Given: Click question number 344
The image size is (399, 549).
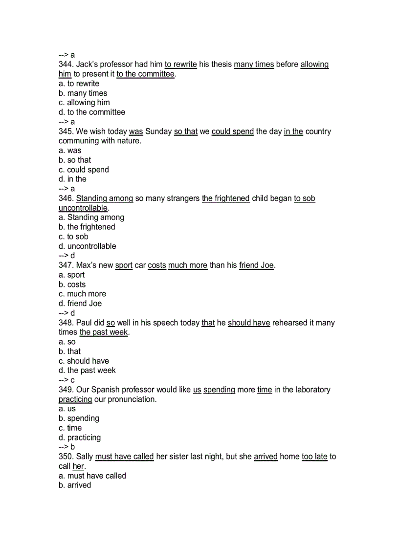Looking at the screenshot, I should [66, 65].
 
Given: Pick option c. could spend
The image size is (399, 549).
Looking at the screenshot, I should [84, 170].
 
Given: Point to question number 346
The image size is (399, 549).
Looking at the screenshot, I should [66, 198].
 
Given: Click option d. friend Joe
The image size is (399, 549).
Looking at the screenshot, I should [80, 304].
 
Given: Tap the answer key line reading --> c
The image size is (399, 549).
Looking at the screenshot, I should [66, 380].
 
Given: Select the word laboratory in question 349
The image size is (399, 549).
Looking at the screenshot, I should [306, 390].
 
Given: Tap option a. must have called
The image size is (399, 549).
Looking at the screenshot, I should [92, 476].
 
